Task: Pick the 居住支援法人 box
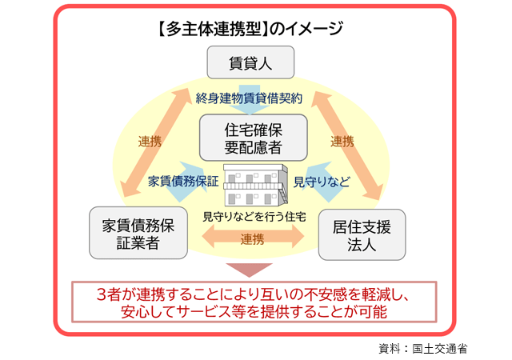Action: pyautogui.click(x=361, y=234)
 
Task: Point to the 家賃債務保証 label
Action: pyautogui.click(x=184, y=182)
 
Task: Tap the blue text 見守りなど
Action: pyautogui.click(x=322, y=182)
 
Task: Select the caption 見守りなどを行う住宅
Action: pyautogui.click(x=254, y=217)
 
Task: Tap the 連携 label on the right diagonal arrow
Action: pyautogui.click(x=342, y=142)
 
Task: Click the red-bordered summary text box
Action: pyautogui.click(x=254, y=302)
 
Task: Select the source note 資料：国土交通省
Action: pyautogui.click(x=423, y=349)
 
